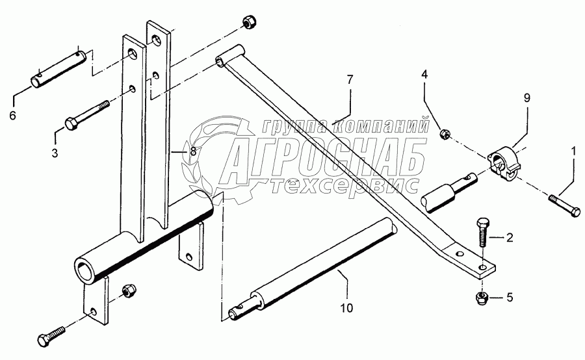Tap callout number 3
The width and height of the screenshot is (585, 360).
[55, 153]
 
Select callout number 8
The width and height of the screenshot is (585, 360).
[192, 150]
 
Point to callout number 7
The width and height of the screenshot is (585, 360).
[350, 80]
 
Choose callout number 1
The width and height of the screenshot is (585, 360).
[573, 151]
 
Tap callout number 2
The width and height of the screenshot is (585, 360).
[510, 237]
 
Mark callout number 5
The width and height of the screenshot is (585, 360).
[510, 298]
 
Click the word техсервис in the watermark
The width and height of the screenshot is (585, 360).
[344, 186]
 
